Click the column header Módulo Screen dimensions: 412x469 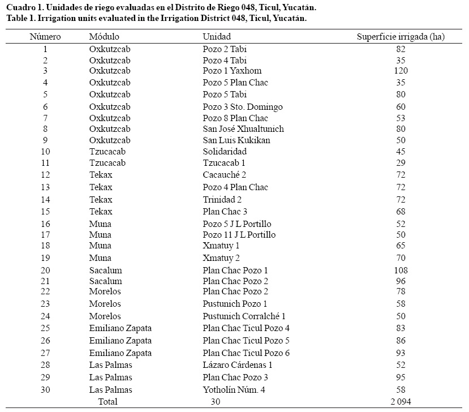[x=104, y=36]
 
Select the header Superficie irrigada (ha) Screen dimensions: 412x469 [x=401, y=36]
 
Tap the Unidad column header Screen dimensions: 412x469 [x=216, y=36]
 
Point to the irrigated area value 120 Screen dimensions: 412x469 [x=401, y=71]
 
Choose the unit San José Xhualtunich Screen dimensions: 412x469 [x=243, y=129]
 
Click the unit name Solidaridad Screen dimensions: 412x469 [x=225, y=152]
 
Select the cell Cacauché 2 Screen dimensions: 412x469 [x=224, y=175]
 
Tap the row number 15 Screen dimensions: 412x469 [x=45, y=212]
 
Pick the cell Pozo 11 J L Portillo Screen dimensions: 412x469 [x=239, y=234]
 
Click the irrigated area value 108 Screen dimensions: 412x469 [x=401, y=271]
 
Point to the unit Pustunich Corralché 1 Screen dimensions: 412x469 [x=244, y=316]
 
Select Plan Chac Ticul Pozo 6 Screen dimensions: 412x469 [x=246, y=353]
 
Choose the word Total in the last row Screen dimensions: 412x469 [x=107, y=402]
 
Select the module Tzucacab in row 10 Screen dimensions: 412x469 [x=107, y=152]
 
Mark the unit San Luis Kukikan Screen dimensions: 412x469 [x=236, y=140]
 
